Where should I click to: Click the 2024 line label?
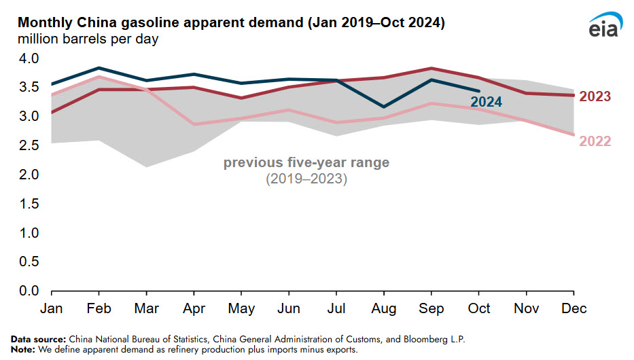(487, 102)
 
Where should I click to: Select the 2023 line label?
(595, 96)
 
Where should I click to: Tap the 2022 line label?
(595, 141)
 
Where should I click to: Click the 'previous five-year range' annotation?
(306, 163)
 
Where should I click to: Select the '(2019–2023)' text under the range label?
(306, 179)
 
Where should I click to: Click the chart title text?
(231, 23)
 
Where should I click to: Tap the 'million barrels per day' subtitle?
(88, 39)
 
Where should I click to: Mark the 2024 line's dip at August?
(384, 107)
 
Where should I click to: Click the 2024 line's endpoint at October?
(479, 90)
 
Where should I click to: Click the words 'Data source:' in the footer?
(37, 338)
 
